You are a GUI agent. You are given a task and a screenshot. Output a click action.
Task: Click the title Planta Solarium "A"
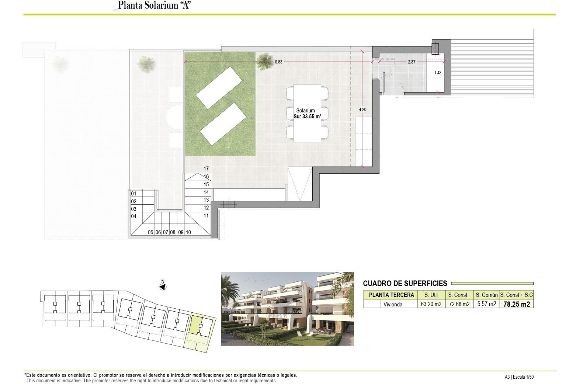click(x=152, y=5)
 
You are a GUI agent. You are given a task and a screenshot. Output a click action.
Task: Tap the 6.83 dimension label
click(x=278, y=62)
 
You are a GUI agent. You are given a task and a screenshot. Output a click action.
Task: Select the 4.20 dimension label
click(x=362, y=109)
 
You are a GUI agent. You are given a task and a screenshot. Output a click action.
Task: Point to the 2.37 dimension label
click(x=412, y=62)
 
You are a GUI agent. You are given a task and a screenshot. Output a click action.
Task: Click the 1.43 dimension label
click(x=438, y=73)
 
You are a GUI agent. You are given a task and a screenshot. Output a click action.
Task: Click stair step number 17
click(x=206, y=169)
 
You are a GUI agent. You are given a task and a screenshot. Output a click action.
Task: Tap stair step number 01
click(x=134, y=193)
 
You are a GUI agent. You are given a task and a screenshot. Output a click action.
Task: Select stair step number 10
click(x=188, y=232)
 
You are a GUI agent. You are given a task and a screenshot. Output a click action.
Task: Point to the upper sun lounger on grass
click(x=219, y=87)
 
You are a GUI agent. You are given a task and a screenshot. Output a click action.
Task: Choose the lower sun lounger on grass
click(x=223, y=124)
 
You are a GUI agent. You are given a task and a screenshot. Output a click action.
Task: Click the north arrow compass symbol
click(x=163, y=287)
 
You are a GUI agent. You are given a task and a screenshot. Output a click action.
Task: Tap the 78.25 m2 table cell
click(x=516, y=304)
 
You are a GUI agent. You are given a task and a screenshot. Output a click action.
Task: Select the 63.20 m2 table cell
click(x=431, y=304)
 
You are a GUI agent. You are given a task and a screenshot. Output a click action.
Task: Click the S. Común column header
click(x=486, y=295)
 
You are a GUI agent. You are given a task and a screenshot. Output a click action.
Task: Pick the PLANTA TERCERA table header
click(x=391, y=295)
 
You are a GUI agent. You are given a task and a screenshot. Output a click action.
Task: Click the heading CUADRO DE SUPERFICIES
click(x=405, y=283)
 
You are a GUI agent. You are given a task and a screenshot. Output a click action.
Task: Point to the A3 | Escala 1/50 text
click(x=519, y=377)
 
